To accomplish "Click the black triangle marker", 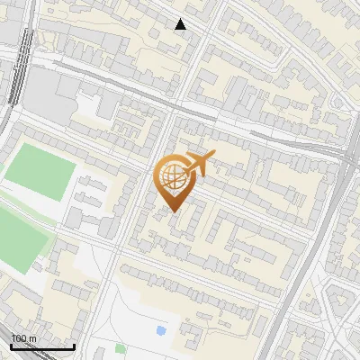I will coord(181,24).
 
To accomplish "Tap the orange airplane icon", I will coord(198,165).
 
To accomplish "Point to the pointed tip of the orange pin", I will coord(172,211).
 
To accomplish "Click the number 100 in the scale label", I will coord(19,338).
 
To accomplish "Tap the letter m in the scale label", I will coord(32,338).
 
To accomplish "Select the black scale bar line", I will coord(42,346).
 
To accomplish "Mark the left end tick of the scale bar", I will coord(12,345).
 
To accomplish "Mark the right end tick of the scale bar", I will coord(74,345).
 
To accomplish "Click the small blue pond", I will coord(161,331).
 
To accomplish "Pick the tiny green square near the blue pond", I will coord(121,348).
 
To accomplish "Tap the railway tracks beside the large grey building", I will coord(17,81).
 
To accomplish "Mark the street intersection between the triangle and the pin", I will coord(168,115).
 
